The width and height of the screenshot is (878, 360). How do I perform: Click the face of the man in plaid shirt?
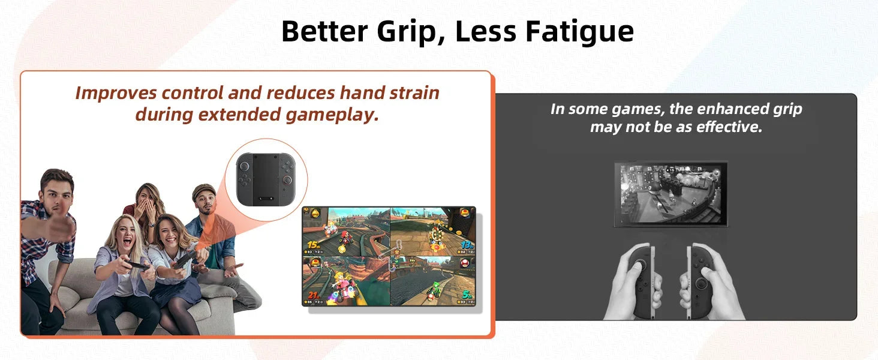(58, 191)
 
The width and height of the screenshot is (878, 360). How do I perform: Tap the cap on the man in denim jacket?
(204, 191)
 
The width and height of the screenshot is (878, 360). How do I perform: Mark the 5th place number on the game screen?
(467, 295)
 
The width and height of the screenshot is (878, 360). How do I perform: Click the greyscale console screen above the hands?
(670, 194)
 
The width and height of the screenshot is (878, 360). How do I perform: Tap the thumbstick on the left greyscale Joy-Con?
(641, 264)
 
